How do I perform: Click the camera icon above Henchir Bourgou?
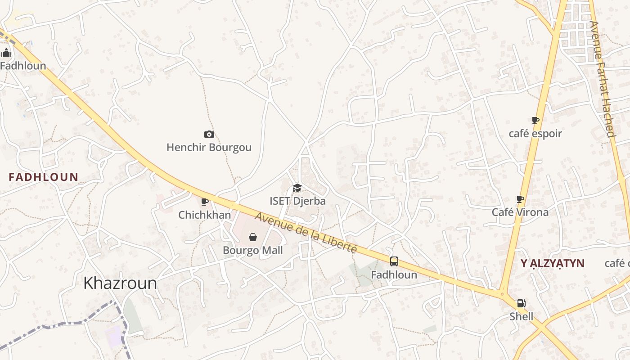pyautogui.click(x=209, y=134)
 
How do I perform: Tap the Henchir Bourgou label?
pyautogui.click(x=209, y=148)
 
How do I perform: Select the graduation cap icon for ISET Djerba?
pyautogui.click(x=297, y=188)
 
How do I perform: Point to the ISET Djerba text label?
pyautogui.click(x=297, y=201)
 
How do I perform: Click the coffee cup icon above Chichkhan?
pyautogui.click(x=205, y=202)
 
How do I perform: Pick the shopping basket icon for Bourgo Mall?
pyautogui.click(x=253, y=237)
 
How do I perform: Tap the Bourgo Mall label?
pyautogui.click(x=253, y=250)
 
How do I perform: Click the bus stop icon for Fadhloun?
pyautogui.click(x=394, y=261)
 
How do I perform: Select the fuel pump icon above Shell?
pyautogui.click(x=521, y=304)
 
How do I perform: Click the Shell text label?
pyautogui.click(x=521, y=316)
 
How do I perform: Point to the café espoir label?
pyautogui.click(x=535, y=134)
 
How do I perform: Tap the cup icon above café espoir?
pyautogui.click(x=535, y=120)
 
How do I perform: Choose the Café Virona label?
pyautogui.click(x=520, y=212)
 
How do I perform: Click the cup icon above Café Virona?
pyautogui.click(x=520, y=199)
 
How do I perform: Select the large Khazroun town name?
pyautogui.click(x=120, y=283)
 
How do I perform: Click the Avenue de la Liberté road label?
pyautogui.click(x=306, y=233)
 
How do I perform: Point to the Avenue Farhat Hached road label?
pyautogui.click(x=602, y=79)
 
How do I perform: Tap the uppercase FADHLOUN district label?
pyautogui.click(x=43, y=177)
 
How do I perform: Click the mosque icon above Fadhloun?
pyautogui.click(x=6, y=53)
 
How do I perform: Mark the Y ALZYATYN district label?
pyautogui.click(x=552, y=264)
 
